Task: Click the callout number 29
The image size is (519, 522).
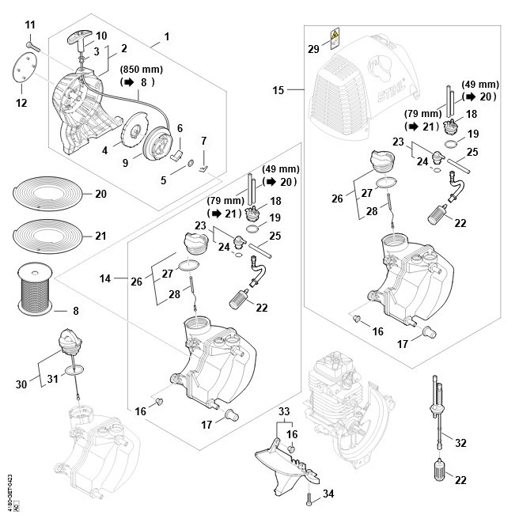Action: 313,49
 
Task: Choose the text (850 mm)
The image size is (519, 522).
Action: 136,67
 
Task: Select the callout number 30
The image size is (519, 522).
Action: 21,384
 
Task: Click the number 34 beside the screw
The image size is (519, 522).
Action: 329,494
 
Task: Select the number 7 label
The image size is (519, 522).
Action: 203,141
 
